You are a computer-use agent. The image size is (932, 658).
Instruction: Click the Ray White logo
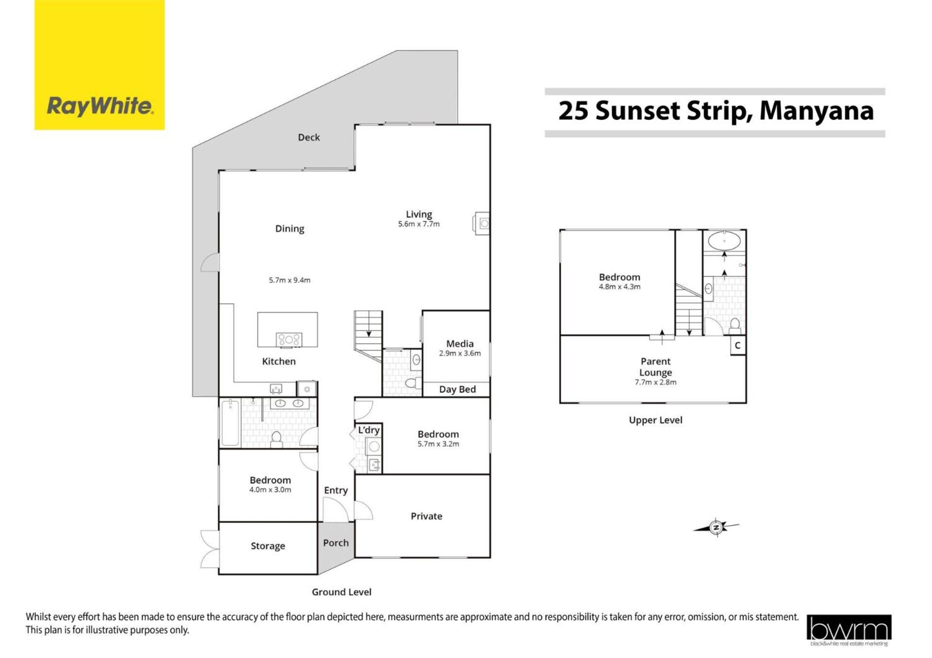point(100,65)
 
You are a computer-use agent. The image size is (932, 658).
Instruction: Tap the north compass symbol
point(716,527)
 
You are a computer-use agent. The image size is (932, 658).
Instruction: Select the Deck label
point(309,137)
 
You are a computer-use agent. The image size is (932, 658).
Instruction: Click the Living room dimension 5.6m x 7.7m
point(419,224)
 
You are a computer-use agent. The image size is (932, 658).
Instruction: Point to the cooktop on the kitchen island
point(289,339)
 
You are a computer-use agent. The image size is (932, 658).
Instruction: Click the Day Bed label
point(457,389)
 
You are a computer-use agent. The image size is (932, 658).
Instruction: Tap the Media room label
point(460,344)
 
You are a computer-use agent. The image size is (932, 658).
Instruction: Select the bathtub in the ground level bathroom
point(231,422)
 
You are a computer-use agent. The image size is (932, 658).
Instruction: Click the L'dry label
point(369,430)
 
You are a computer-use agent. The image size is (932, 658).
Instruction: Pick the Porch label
point(336,543)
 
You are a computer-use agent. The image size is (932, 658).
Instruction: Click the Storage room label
point(268,546)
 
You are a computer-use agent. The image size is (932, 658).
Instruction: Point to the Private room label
point(426,516)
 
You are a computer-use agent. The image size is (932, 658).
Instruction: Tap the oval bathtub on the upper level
point(724,241)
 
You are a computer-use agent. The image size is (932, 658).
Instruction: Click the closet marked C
point(738,346)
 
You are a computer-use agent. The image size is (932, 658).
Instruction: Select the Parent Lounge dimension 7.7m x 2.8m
point(655,382)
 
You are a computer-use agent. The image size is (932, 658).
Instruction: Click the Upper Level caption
point(655,420)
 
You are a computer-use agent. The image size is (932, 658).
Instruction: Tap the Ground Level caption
point(341,592)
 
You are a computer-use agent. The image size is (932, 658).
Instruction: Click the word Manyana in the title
point(816,111)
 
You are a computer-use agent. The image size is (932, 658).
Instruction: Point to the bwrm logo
point(849,630)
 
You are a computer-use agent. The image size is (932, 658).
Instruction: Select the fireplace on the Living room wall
point(482,224)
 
